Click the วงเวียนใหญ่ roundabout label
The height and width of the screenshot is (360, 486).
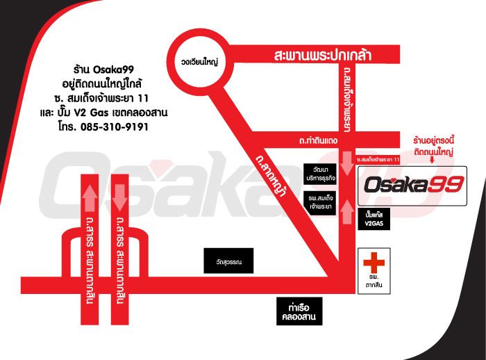coord(200,62)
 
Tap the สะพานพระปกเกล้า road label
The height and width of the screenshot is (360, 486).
coord(323,55)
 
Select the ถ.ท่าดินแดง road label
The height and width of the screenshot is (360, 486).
coord(318,140)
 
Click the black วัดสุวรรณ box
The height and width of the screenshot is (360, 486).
coord(228,261)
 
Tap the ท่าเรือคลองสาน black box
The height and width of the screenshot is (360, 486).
coord(299,311)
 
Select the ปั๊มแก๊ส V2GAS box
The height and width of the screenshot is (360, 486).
coord(374,219)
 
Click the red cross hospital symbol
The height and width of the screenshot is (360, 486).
coord(374,263)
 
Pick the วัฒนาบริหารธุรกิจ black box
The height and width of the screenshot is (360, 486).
coord(320,174)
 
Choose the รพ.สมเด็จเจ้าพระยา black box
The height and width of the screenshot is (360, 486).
coord(320,202)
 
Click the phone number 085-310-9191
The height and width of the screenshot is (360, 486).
coord(115,127)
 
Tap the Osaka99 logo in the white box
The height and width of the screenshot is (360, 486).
coord(414,185)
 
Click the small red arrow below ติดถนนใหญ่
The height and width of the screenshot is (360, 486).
coord(432,160)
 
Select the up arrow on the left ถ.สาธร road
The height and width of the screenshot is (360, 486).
coord(90,197)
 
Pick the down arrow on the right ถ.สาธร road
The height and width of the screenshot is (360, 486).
coord(120,197)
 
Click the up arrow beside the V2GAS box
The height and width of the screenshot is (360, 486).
coord(347,212)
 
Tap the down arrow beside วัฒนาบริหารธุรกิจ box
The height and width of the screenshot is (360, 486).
coord(347,163)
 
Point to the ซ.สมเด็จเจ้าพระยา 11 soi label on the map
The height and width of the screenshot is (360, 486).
coord(378,160)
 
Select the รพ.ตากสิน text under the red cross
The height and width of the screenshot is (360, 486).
coord(374,281)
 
